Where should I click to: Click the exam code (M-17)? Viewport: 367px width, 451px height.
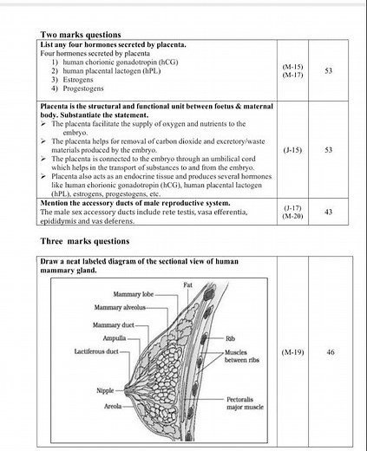292,75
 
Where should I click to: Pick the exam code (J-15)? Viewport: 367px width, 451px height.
292,150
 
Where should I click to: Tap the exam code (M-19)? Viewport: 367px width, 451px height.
292,353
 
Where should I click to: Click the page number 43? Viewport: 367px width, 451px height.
329,211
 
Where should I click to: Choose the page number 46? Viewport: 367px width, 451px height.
330,353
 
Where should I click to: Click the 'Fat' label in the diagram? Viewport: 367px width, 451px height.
187,284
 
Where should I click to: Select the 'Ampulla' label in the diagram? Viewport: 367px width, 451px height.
115,338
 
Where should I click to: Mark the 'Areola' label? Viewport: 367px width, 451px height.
112,404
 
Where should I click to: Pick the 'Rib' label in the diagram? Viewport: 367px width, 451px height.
230,338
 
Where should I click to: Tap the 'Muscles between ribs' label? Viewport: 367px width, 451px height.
242,356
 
